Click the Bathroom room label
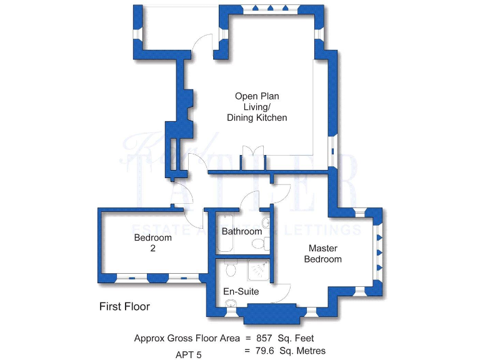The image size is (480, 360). click(x=242, y=231)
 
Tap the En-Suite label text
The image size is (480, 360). click(x=241, y=291)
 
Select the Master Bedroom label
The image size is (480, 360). click(x=322, y=254)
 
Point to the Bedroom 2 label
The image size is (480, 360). click(x=152, y=242)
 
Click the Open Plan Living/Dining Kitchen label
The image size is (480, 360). click(x=257, y=107)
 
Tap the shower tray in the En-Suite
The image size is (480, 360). click(x=257, y=270)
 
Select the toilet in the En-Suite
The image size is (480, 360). click(x=229, y=269)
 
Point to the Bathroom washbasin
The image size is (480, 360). click(x=266, y=222)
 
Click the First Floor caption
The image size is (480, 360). click(x=124, y=307)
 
